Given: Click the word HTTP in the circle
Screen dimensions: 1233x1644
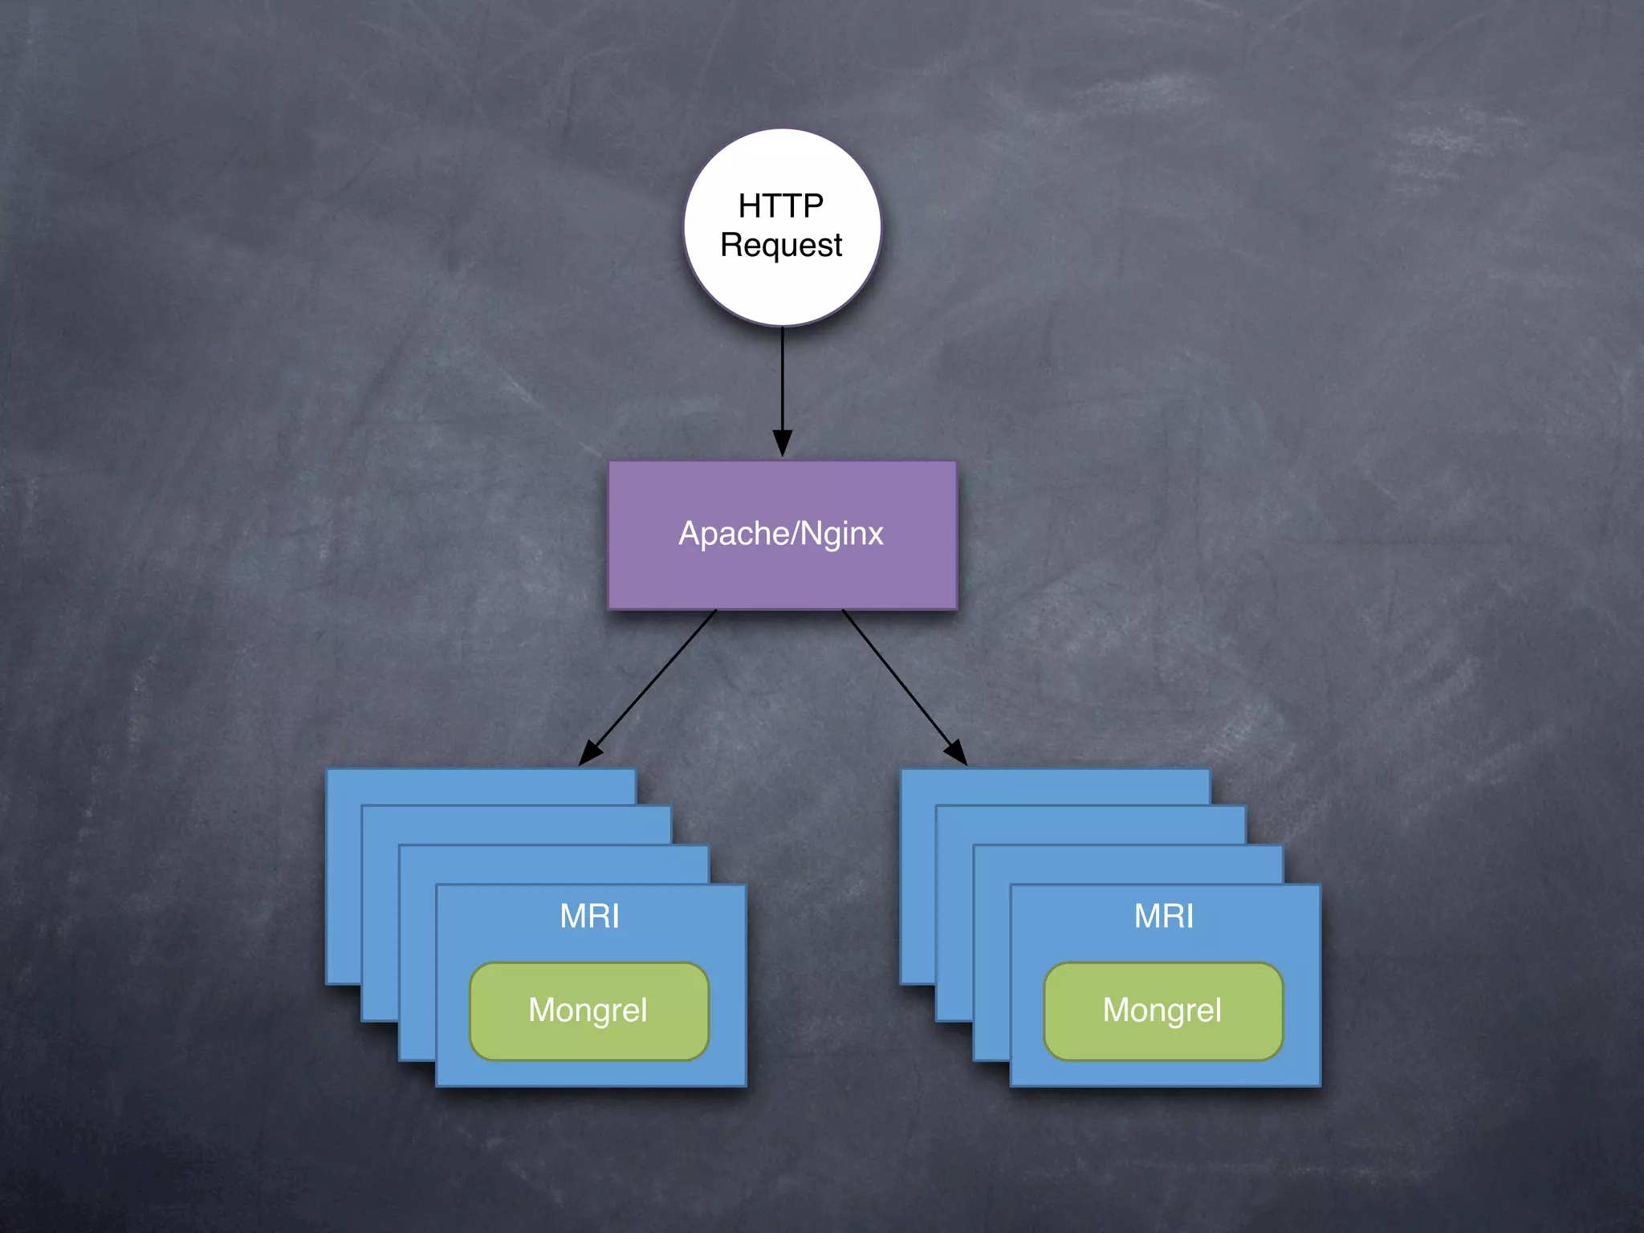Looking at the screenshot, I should [x=780, y=205].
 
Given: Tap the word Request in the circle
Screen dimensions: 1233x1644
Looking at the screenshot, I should [x=780, y=246].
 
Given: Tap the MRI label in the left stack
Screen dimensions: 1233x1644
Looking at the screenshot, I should [x=589, y=916].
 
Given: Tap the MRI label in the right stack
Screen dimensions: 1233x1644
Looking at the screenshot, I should [x=1164, y=916].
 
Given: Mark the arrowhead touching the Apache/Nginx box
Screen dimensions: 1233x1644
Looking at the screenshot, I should [x=782, y=443].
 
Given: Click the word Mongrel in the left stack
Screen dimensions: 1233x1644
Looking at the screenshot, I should [x=588, y=1011].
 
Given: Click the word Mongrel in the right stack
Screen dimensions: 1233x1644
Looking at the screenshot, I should [x=1162, y=1011].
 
